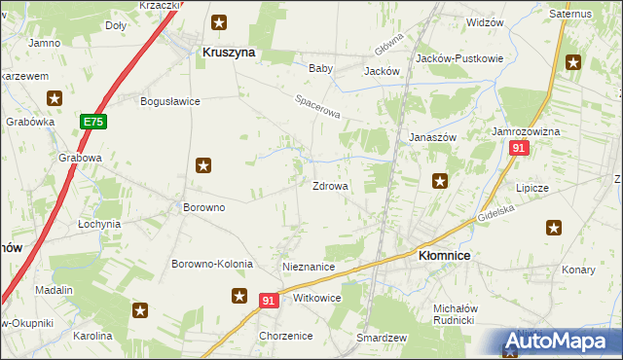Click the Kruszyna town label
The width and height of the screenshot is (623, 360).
click(228, 54)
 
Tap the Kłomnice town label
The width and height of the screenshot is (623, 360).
click(444, 255)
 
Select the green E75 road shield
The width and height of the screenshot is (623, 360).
click(93, 122)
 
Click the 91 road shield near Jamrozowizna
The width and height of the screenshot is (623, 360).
click(518, 147)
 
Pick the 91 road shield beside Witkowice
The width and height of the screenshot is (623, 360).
click(271, 302)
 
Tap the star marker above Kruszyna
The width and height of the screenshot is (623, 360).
click(220, 21)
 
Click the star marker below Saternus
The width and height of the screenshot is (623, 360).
click(574, 63)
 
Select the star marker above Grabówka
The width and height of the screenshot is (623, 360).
click(55, 98)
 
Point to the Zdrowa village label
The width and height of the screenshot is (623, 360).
click(330, 186)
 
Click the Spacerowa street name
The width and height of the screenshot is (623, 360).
click(318, 107)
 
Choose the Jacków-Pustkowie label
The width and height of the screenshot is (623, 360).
click(458, 58)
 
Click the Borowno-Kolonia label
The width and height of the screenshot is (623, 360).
click(212, 264)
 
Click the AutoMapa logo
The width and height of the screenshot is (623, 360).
click(560, 342)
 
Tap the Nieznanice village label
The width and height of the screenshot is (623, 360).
click(308, 266)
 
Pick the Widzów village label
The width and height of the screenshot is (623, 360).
click(485, 21)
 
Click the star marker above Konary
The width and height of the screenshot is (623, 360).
click(554, 229)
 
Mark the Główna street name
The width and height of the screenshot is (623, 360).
click(388, 44)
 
